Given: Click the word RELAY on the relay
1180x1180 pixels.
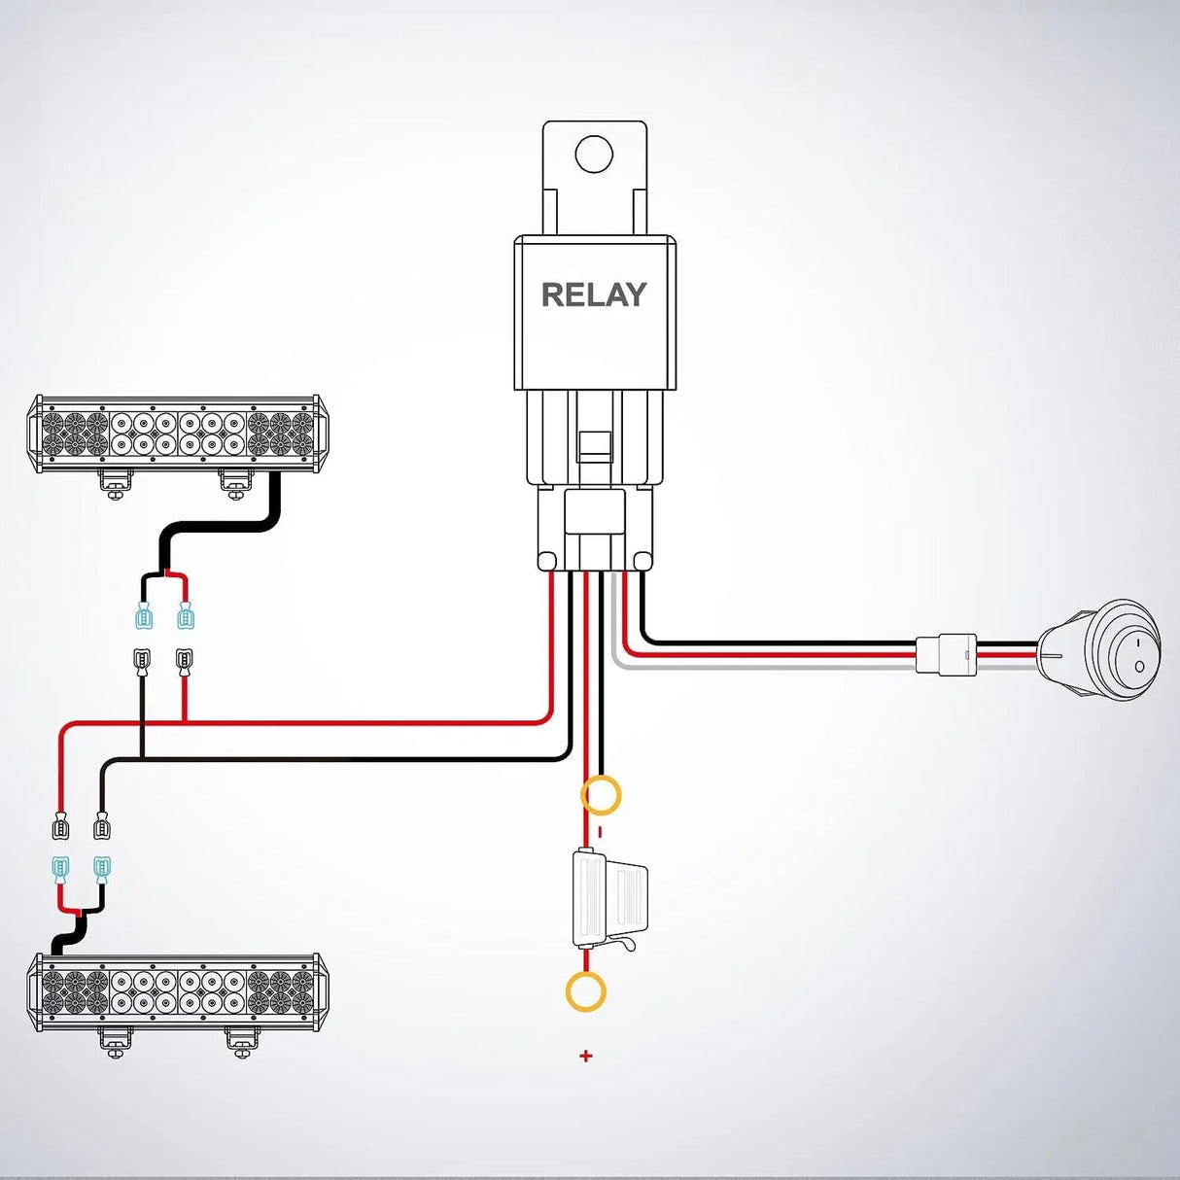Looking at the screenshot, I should pos(594,295).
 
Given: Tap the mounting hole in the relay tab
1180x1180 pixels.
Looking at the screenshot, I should pos(594,155).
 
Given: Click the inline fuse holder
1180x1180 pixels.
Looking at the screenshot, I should pos(607,900).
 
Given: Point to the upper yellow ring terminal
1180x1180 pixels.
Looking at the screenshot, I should pos(601,795).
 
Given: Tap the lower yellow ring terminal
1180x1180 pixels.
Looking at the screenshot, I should pos(586,992).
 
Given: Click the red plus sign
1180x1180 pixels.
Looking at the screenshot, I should pos(586,1056).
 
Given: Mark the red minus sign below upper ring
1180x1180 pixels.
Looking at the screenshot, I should pos(600,832).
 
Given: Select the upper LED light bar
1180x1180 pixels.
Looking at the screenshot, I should pos(178,434).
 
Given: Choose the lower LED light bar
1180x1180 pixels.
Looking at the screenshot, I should pos(178,991).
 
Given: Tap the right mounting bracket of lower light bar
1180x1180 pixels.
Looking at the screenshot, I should pos(242,1041).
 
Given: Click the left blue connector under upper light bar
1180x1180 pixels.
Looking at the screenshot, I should pos(143,616).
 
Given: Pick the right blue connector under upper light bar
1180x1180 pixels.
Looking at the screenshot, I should pos(186,616).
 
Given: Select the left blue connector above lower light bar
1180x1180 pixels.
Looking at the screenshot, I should pos(60,867).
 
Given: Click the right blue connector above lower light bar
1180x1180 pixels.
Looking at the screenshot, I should pos(102,867).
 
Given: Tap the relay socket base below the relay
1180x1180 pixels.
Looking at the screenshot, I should pos(594,530).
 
